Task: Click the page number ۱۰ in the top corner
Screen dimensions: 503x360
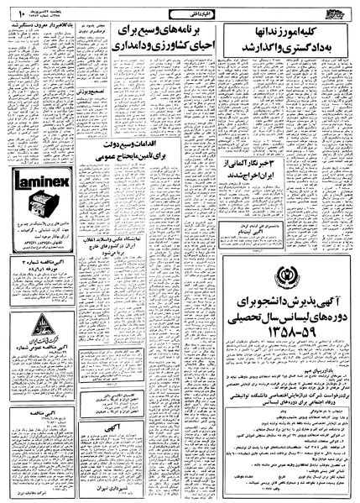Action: (14, 13)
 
